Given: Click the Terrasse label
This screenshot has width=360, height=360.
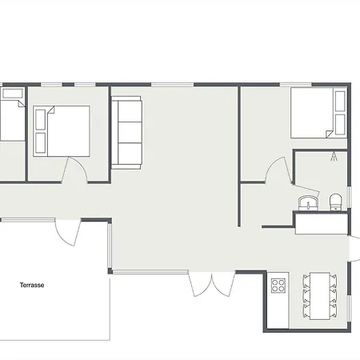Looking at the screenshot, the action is point(32,285).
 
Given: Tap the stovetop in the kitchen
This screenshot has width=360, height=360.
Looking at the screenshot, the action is point(278,286).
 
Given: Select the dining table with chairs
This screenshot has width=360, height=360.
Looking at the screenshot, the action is point(320,296).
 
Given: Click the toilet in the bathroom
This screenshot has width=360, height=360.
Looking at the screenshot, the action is point(335,202).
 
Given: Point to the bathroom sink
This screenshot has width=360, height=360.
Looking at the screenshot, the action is point(309,203).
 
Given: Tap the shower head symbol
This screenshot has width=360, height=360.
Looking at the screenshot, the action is point(334,157).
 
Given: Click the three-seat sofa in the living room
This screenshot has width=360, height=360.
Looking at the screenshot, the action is point(126,133).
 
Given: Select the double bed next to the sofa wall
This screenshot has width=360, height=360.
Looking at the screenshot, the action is point(62,131).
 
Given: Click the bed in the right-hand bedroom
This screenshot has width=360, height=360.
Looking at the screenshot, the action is point(318,113).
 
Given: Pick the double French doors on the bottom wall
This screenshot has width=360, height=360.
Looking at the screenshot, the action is point(212,284).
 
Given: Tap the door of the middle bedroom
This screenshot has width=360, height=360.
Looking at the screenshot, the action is point(74,170).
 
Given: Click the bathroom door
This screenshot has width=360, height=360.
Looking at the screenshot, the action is point(306,190).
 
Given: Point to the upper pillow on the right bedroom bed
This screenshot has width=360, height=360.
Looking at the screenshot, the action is point(340,101).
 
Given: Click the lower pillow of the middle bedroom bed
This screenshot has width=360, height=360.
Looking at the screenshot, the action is point(40,143).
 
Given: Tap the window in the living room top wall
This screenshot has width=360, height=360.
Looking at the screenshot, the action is point(173,85).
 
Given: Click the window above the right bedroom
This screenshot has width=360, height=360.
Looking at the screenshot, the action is point(295,85).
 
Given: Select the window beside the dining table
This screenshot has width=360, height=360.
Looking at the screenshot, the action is point(349,309).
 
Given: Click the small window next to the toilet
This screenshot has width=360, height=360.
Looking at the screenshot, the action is point(349,197).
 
